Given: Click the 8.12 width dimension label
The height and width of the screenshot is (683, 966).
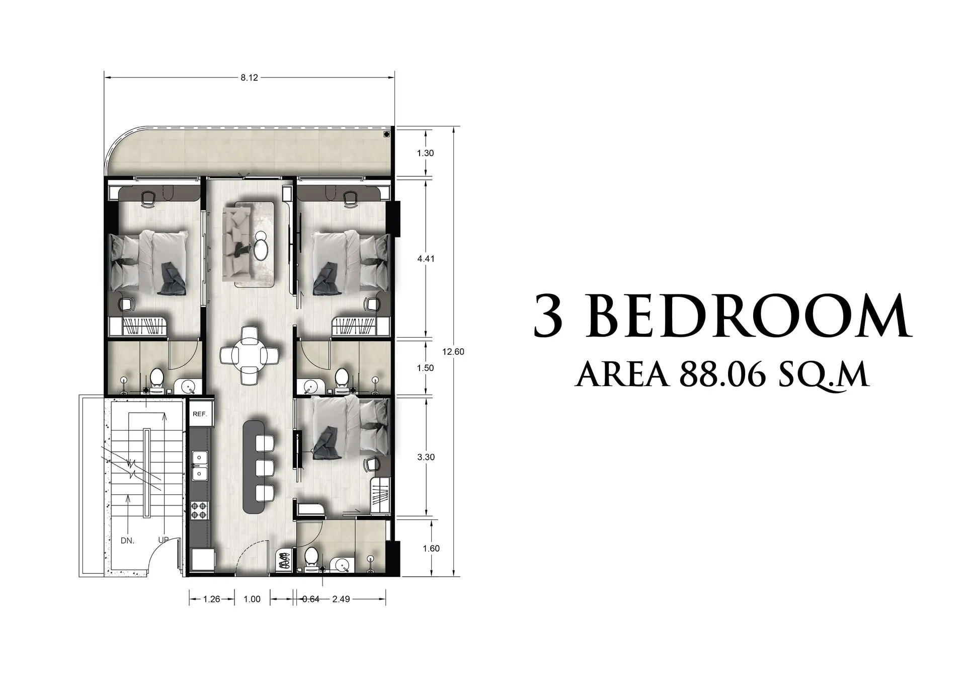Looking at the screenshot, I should point(249,78).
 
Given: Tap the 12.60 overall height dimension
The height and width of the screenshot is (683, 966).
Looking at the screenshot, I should point(453,352).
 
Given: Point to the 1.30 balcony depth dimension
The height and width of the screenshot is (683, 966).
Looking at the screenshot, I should point(425,153).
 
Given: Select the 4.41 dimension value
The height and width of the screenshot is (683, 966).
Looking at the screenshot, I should point(425,259).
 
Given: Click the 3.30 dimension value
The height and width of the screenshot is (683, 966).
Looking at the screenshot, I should point(425,457).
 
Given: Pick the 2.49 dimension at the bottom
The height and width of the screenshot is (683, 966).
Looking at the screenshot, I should point(341,599).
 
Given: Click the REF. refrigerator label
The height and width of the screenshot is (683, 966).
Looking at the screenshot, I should point(200,414).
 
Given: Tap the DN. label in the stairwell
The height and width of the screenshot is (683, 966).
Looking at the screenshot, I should point(127,541).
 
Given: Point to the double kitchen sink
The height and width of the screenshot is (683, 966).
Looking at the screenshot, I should point(200,466).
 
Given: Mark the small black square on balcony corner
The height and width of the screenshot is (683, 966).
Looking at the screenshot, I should point(386,134).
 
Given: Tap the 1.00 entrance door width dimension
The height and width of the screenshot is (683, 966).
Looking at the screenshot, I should point(252,599).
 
